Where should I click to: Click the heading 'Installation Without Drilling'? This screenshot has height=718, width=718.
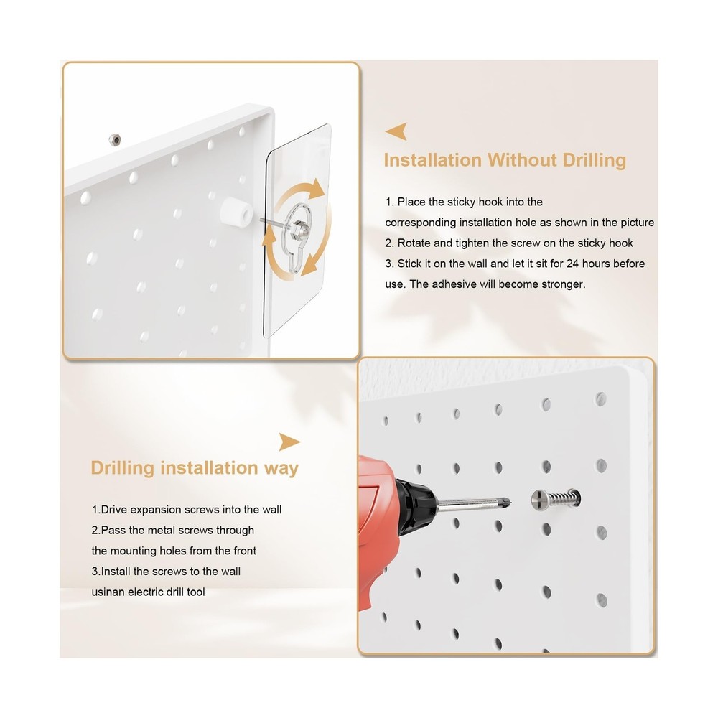[505, 159]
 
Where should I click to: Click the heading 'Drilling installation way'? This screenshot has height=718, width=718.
[195, 468]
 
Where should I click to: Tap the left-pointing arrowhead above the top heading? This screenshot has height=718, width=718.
[397, 131]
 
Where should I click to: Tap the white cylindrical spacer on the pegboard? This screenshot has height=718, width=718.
[234, 213]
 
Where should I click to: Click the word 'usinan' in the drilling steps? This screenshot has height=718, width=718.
[108, 592]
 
